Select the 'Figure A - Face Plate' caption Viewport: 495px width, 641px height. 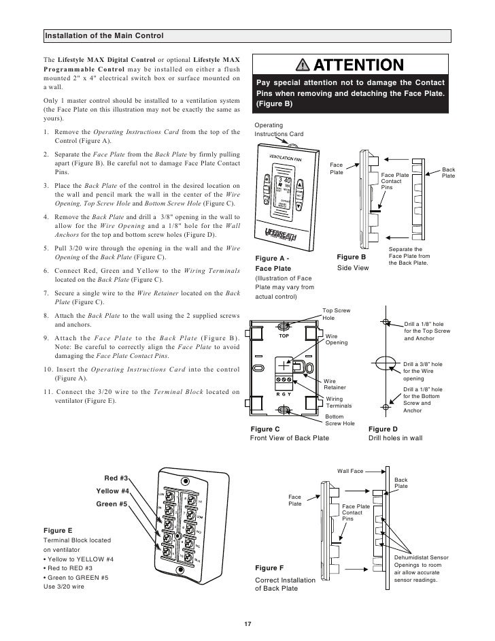[x=273, y=263]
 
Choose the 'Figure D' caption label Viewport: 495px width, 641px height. [x=383, y=429]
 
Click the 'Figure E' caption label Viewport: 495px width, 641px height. [x=58, y=529]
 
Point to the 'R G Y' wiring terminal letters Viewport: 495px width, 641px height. [x=284, y=394]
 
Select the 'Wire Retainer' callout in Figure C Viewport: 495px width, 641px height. [x=334, y=384]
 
